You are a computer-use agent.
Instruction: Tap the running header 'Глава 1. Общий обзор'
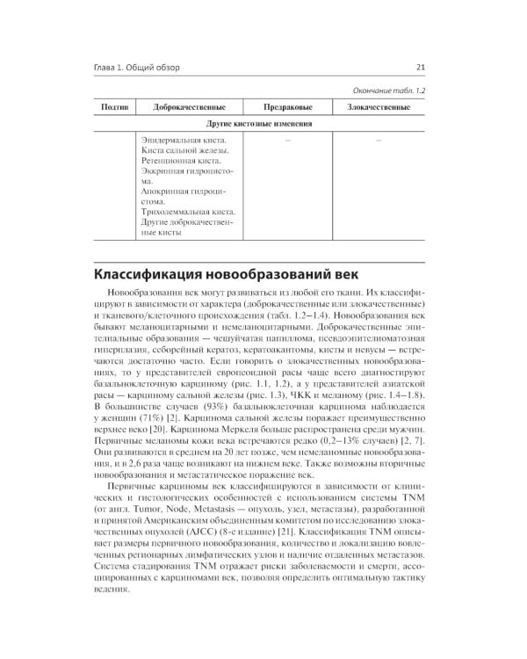point(148,68)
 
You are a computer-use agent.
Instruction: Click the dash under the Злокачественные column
point(378,140)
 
